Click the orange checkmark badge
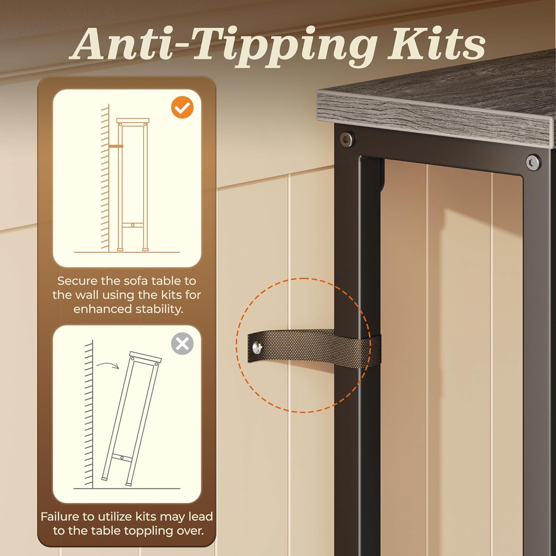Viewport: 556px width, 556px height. (182, 107)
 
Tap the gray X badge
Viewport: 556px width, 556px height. (182, 344)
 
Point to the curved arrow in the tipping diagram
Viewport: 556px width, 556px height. (107, 365)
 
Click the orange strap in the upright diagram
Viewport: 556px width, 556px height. (116, 146)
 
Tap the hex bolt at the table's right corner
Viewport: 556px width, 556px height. (533, 162)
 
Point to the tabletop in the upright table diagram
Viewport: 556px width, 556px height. (133, 121)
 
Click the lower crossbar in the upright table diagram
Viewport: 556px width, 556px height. (133, 225)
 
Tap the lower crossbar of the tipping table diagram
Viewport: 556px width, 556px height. (122, 458)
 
